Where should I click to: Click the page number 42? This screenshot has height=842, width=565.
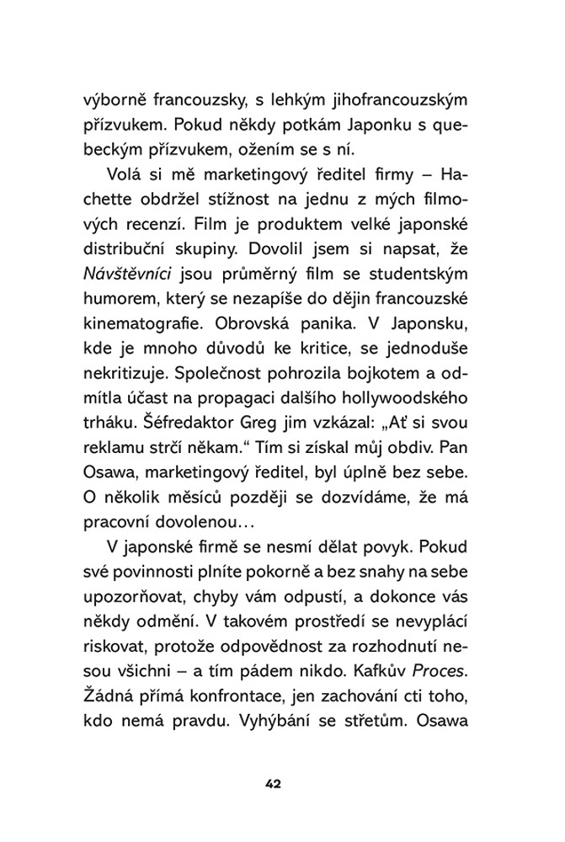(272, 784)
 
